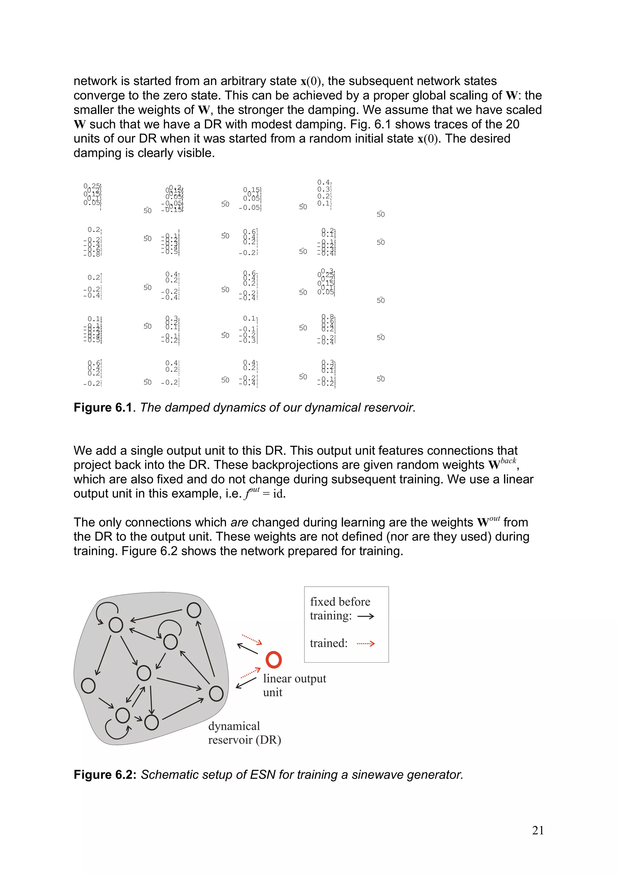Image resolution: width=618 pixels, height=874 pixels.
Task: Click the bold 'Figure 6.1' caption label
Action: (x=102, y=408)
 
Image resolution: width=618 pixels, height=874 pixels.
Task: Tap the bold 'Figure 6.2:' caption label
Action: (x=105, y=775)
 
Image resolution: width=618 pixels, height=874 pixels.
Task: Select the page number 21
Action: (x=538, y=830)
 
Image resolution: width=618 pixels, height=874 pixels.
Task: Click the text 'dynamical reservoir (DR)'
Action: (x=244, y=733)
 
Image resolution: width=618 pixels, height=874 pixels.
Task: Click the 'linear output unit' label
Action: (x=294, y=685)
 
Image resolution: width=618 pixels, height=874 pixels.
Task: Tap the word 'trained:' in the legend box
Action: (x=329, y=643)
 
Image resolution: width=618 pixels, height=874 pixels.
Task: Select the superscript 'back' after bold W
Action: (x=508, y=461)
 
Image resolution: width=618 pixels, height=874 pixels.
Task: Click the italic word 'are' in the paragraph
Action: (x=239, y=522)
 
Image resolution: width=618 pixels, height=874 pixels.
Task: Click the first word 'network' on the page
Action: (x=95, y=81)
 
